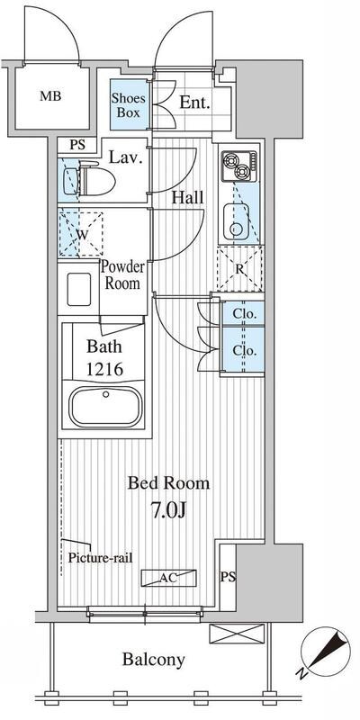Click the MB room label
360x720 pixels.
[50, 96]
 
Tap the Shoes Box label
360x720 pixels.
[129, 105]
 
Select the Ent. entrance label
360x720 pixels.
[194, 103]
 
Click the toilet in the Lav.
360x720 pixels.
[95, 179]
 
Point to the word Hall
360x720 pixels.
[188, 198]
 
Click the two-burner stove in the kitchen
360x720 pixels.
[238, 166]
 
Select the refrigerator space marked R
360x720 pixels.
[239, 268]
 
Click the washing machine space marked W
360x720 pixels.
[81, 234]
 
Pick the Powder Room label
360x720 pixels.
[122, 274]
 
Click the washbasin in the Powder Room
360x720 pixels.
[78, 289]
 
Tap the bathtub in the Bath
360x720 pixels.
[105, 406]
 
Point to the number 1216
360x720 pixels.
[104, 369]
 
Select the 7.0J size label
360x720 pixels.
[169, 510]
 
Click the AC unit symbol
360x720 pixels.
[168, 578]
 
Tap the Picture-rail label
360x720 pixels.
[101, 558]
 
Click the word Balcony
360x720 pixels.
[153, 660]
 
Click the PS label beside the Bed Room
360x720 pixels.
[229, 578]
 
